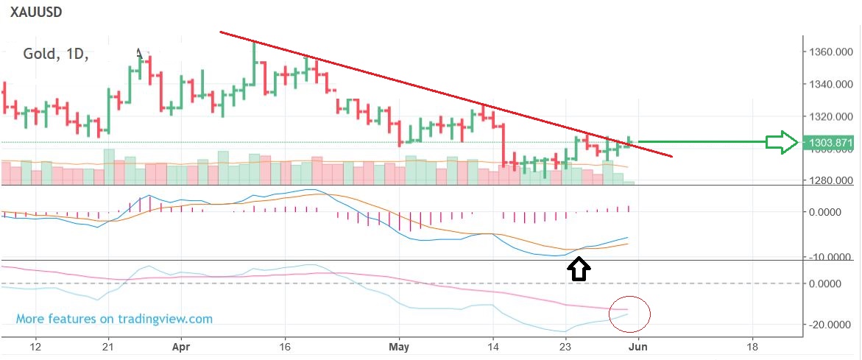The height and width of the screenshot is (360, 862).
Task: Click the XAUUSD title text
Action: point(35,13)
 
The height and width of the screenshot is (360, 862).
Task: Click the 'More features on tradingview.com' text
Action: point(114,319)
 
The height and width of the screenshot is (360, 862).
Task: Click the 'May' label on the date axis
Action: point(398,346)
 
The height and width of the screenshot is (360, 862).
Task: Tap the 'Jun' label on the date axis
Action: point(637,346)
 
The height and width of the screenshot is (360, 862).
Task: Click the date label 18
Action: point(752,346)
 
